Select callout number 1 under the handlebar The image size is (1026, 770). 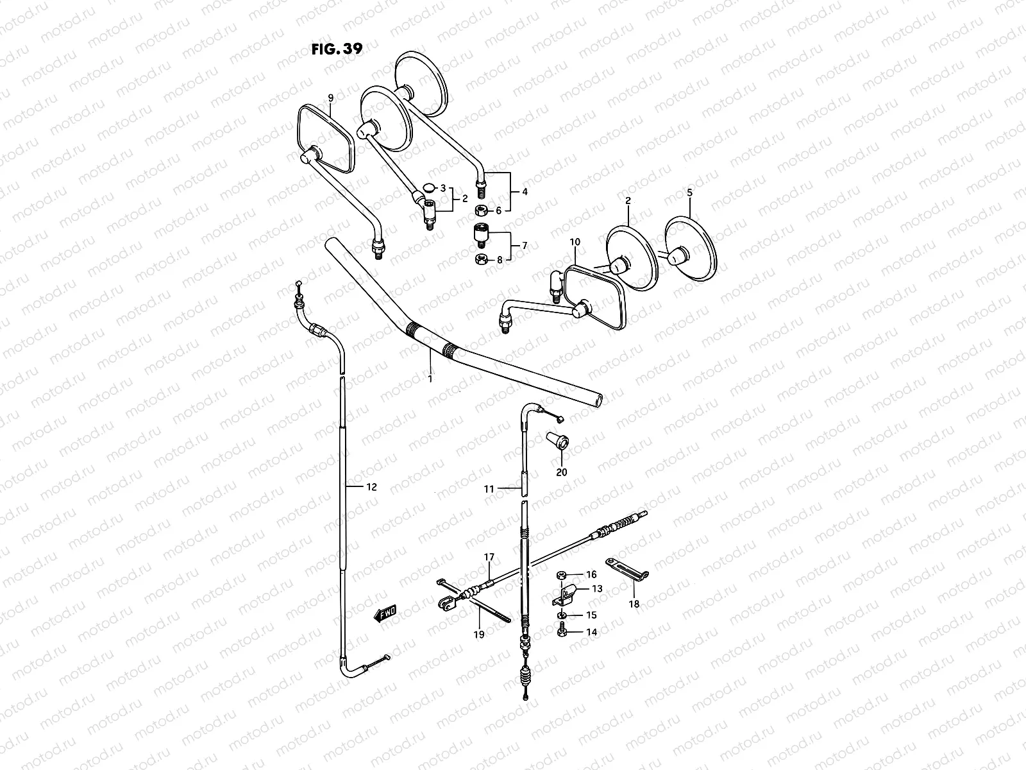tap(430, 379)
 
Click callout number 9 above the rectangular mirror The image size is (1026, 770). tap(331, 98)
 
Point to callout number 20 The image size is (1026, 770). tap(562, 473)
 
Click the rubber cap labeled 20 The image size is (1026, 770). tap(557, 441)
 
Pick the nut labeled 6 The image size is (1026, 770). tap(480, 210)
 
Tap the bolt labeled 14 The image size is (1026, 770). tap(562, 632)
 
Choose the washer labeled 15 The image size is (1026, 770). tap(562, 615)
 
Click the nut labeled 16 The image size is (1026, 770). tap(561, 575)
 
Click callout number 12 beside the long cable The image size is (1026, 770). tap(372, 487)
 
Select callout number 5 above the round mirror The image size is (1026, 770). tap(690, 192)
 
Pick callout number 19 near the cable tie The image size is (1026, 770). tap(479, 634)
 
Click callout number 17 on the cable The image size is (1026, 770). tap(489, 557)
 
